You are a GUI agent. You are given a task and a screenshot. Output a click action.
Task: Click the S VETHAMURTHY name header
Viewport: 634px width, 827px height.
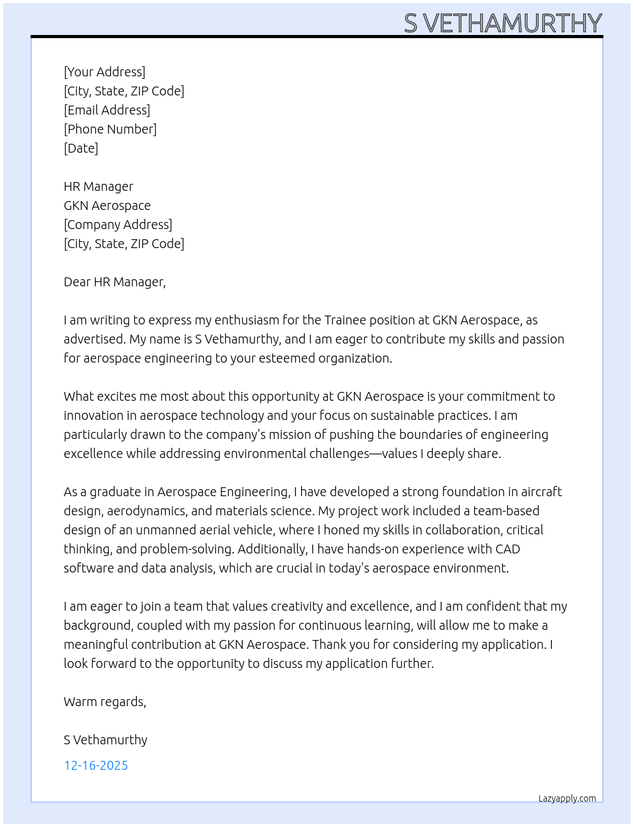coord(503,24)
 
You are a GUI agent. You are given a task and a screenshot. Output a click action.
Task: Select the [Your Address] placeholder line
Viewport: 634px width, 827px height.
coord(104,72)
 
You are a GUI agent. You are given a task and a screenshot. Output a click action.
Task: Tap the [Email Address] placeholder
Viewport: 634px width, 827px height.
coord(107,110)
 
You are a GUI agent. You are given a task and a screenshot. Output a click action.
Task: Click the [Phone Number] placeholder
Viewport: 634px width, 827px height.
coord(110,129)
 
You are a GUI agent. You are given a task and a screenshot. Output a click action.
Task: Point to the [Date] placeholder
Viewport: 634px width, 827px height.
coord(81,148)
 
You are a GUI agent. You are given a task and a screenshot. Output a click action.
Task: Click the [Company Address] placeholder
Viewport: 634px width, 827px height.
coord(118,225)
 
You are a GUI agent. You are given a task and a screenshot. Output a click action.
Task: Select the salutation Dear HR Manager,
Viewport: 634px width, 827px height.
coord(115,282)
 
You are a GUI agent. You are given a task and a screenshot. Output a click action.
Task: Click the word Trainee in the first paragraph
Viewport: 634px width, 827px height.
coord(347,320)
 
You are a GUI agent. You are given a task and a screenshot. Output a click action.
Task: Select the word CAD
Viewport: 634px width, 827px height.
coord(507,549)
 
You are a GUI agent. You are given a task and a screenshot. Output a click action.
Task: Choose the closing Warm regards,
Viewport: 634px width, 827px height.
coord(105,702)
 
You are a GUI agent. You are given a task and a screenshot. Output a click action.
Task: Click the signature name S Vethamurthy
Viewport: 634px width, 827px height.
coord(106,740)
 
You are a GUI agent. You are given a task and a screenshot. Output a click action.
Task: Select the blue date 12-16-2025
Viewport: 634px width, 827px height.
coord(96,765)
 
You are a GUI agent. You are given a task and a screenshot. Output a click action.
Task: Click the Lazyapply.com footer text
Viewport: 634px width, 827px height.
coord(567,798)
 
